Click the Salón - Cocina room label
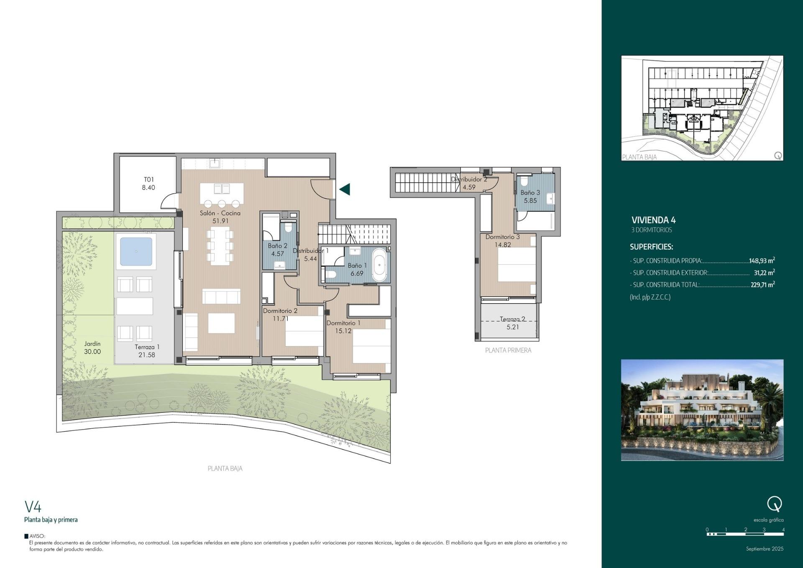(220, 213)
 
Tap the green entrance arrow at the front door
(345, 189)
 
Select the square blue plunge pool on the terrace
(136, 252)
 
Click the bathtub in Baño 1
(380, 265)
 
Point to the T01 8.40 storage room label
(148, 184)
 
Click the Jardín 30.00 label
(92, 348)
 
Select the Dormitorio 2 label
(280, 311)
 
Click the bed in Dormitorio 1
(371, 345)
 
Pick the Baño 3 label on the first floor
(530, 193)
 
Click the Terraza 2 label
(512, 319)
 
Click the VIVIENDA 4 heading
(653, 220)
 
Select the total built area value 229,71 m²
(762, 285)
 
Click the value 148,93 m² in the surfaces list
(762, 261)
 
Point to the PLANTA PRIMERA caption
(508, 351)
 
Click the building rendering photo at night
(702, 410)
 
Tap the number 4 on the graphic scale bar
(783, 530)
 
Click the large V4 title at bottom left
(33, 507)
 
